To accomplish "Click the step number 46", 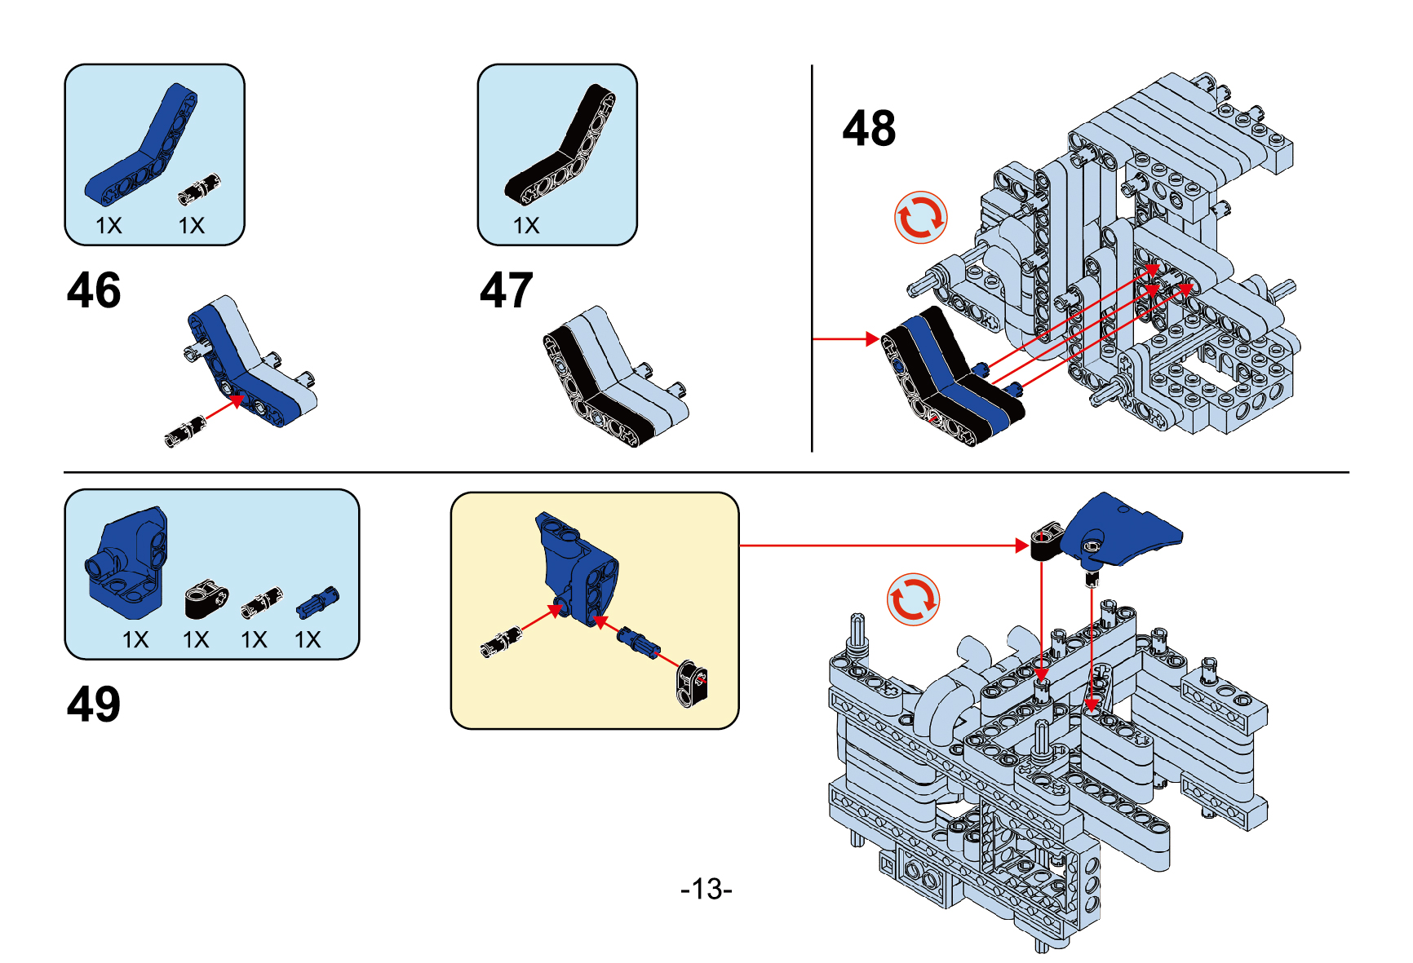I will coord(94,290).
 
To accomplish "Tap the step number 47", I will coord(506,290).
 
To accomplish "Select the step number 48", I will coord(869,129).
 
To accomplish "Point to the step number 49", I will coord(94,704).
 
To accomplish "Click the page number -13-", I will coord(706,888).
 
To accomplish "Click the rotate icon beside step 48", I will coord(920,218).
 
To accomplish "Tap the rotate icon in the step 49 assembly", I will coord(913,599).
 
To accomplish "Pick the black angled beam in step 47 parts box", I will coord(561,147).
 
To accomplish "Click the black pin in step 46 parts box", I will coord(200,189).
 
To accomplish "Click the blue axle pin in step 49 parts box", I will coord(317,602).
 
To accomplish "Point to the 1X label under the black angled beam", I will coord(526,226).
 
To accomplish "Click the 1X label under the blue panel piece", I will coord(135,640).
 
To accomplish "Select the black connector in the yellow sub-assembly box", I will coord(692,682).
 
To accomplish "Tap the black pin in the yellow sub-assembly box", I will coord(501,643).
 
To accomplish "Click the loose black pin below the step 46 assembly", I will coord(184,431).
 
